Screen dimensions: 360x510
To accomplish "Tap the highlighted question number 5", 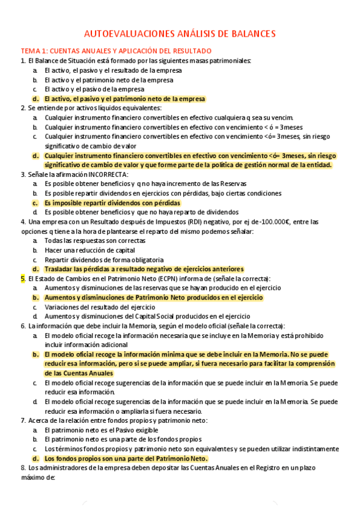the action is point(23,278).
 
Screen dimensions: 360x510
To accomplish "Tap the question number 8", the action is point(23,467).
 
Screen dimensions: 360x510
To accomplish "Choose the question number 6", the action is point(23,325).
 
